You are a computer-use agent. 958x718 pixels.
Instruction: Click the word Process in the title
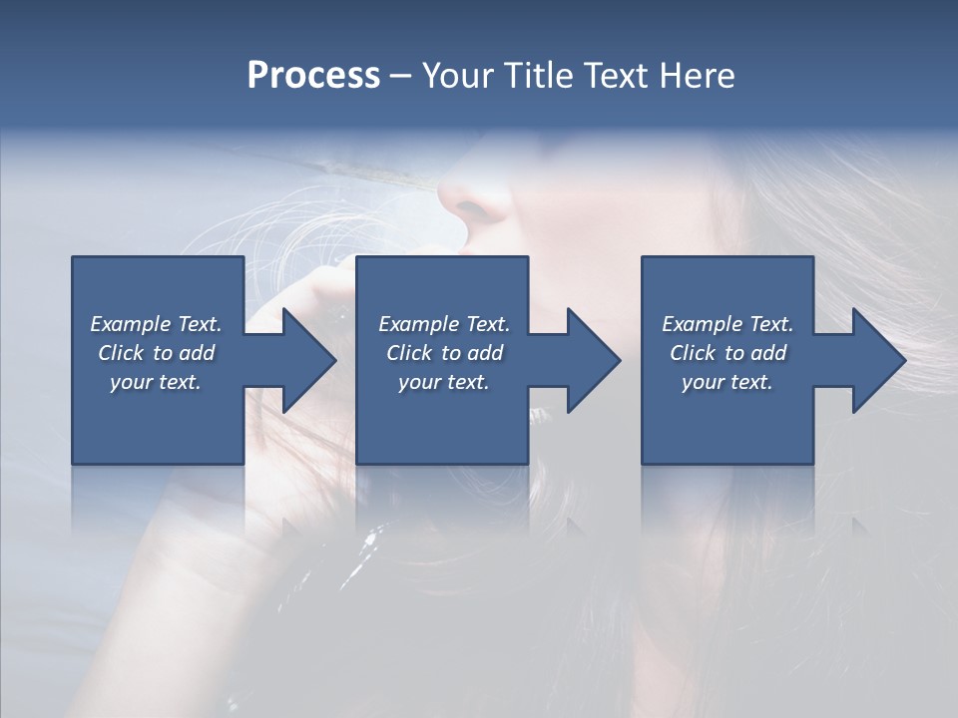[313, 76]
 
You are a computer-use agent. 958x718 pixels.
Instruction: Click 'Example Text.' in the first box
[156, 324]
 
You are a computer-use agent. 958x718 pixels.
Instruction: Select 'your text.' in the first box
[156, 382]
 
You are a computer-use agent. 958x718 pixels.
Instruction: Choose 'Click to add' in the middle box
[444, 353]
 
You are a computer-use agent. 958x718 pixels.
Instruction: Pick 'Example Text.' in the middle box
[444, 324]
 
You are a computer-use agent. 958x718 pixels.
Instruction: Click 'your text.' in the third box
[727, 382]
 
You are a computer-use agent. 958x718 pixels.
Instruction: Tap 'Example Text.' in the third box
[727, 324]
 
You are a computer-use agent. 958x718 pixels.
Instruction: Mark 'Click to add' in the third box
[727, 353]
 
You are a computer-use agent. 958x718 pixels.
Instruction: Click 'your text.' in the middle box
[444, 382]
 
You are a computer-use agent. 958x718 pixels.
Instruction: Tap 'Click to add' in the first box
[156, 353]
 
